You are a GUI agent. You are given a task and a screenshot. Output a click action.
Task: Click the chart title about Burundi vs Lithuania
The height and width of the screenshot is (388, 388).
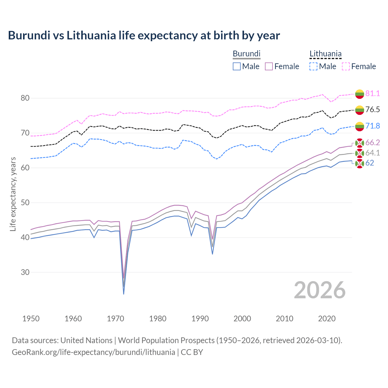coord(144,35)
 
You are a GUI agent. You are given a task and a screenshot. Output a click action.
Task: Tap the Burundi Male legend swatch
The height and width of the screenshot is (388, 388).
coord(237,66)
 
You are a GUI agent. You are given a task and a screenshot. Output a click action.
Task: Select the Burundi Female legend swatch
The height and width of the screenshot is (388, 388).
coord(269,66)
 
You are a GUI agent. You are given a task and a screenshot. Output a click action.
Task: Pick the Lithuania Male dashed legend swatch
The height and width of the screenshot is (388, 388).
coord(313,66)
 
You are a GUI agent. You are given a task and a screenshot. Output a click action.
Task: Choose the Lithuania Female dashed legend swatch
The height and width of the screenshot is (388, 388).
coord(346,66)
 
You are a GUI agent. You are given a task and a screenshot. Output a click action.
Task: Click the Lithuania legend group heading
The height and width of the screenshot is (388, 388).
coord(325,54)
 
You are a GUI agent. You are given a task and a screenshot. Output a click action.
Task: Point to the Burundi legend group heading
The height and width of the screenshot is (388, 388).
coord(246,54)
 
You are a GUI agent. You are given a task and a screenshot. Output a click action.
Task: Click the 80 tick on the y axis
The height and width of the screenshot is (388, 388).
coord(25,98)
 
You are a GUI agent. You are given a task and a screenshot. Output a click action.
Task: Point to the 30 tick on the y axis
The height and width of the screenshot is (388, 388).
coord(25,272)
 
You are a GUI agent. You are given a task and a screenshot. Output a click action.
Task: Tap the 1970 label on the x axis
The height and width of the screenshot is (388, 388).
coord(115,319)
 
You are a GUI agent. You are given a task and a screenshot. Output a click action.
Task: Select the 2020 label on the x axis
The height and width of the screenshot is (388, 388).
coord(327,319)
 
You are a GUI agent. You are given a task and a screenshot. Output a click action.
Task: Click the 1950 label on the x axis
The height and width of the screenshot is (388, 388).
coord(31,319)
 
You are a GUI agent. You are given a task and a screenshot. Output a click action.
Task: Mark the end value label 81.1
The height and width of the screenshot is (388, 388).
coord(373,93)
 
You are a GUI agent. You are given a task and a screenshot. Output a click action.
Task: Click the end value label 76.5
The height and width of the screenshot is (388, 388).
coord(373,109)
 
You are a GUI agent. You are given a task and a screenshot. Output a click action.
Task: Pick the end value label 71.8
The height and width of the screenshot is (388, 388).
coord(373,126)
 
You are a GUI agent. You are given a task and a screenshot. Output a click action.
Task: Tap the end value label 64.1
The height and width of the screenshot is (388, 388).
coord(373,153)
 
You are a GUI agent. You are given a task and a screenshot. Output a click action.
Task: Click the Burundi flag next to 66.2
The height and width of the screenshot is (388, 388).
coord(360,143)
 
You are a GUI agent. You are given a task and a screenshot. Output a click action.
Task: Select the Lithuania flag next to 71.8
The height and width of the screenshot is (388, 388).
coord(360,126)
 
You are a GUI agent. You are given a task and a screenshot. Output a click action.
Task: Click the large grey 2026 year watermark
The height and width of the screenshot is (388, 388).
coord(319,290)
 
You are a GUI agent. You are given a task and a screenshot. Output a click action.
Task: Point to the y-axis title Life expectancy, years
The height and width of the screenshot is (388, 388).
coord(13,194)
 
